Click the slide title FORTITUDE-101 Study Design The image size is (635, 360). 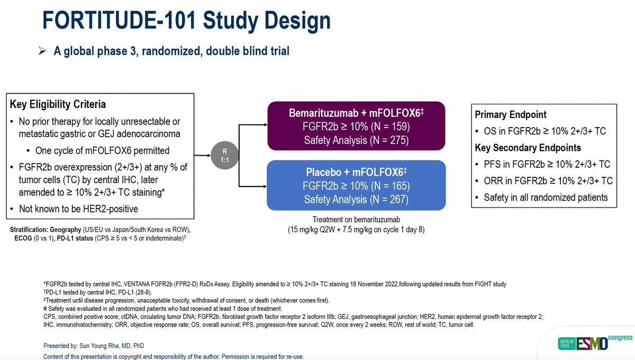point(186,21)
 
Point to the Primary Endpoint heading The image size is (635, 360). point(511,115)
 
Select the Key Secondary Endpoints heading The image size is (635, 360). point(528,148)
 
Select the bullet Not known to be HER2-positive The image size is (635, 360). point(78,209)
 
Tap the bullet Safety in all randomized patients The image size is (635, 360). point(546,197)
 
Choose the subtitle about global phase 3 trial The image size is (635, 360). point(171,51)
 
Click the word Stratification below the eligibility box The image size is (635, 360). point(29,230)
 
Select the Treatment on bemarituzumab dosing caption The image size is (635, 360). point(355,220)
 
